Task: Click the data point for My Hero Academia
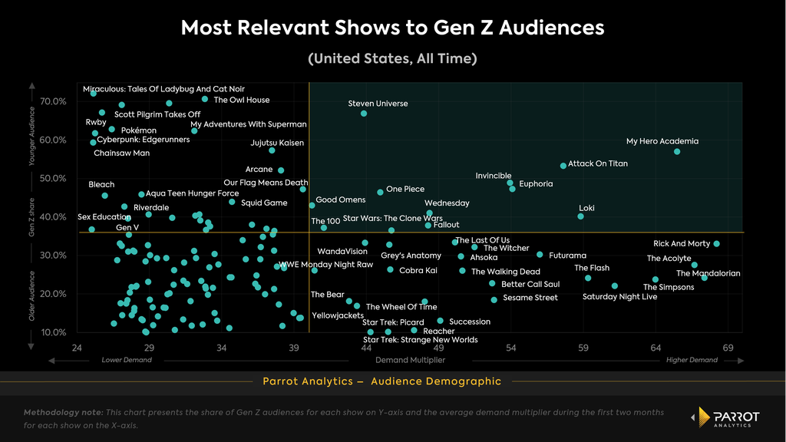(x=677, y=151)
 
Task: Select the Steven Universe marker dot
(x=363, y=114)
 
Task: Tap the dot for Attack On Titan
(x=563, y=166)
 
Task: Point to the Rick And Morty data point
(x=716, y=243)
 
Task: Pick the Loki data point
(x=580, y=216)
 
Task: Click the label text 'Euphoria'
(x=536, y=184)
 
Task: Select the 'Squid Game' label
(x=264, y=203)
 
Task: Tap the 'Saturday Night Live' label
(x=619, y=297)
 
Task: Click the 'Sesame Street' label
(x=530, y=298)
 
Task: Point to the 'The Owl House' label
(x=242, y=101)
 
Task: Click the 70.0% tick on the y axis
(x=53, y=101)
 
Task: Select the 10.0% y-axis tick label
(x=53, y=332)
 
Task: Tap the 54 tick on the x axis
(x=510, y=348)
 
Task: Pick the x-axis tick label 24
(x=77, y=348)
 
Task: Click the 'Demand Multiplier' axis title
(x=410, y=360)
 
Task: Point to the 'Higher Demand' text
(x=692, y=360)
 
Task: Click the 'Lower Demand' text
(x=127, y=360)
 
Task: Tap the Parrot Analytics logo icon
(x=703, y=417)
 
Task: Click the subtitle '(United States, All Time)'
(x=392, y=58)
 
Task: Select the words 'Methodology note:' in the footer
(x=63, y=412)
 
